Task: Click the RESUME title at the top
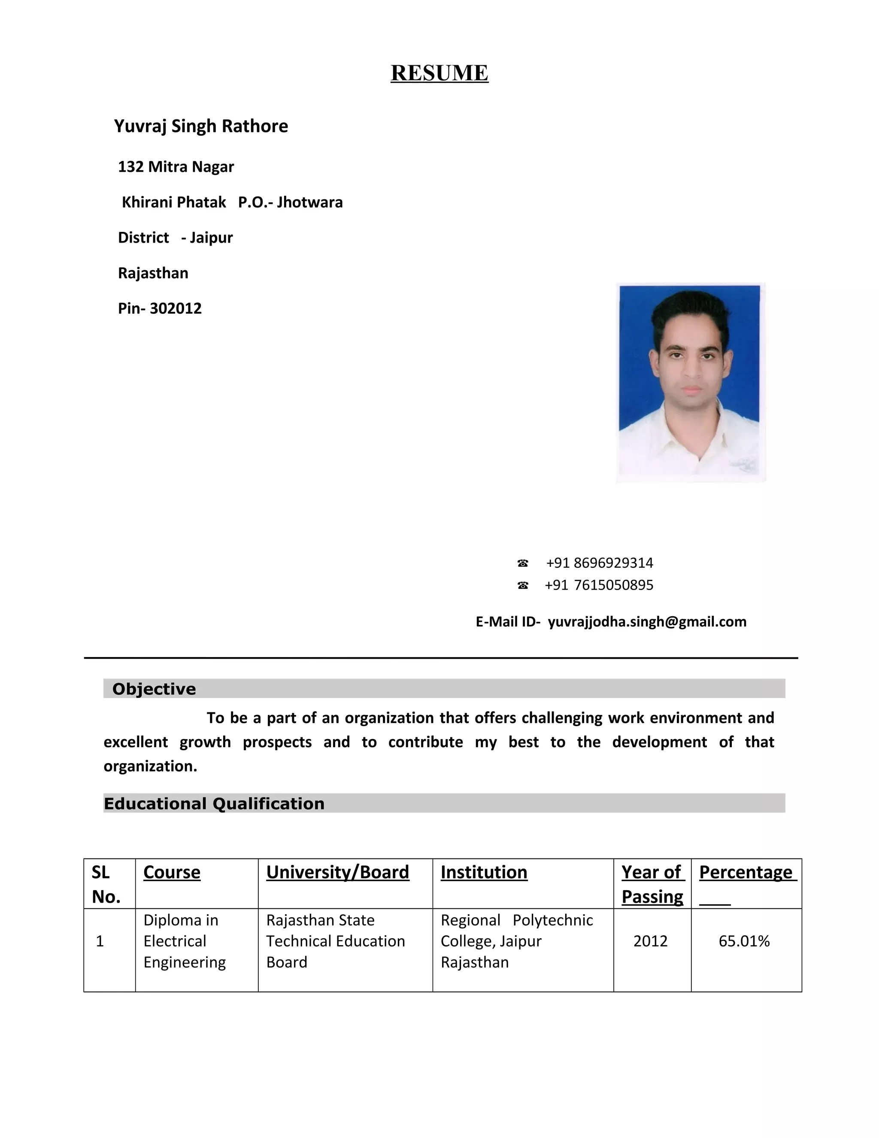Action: point(439,73)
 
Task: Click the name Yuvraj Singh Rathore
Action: point(201,126)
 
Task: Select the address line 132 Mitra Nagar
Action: point(176,167)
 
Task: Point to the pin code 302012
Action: point(176,308)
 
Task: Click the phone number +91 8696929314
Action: point(599,563)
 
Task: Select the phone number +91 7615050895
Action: point(599,585)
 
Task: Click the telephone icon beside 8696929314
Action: point(523,563)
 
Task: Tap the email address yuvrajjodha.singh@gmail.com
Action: point(647,622)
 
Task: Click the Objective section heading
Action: point(154,689)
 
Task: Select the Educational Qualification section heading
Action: point(214,803)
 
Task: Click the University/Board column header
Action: point(337,872)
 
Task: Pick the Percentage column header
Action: point(745,872)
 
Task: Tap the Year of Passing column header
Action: point(652,884)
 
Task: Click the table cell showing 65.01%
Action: point(744,941)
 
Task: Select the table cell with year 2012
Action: point(650,941)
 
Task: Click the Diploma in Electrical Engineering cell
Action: point(184,941)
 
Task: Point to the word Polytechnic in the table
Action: point(552,920)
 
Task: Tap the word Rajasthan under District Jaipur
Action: point(153,273)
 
